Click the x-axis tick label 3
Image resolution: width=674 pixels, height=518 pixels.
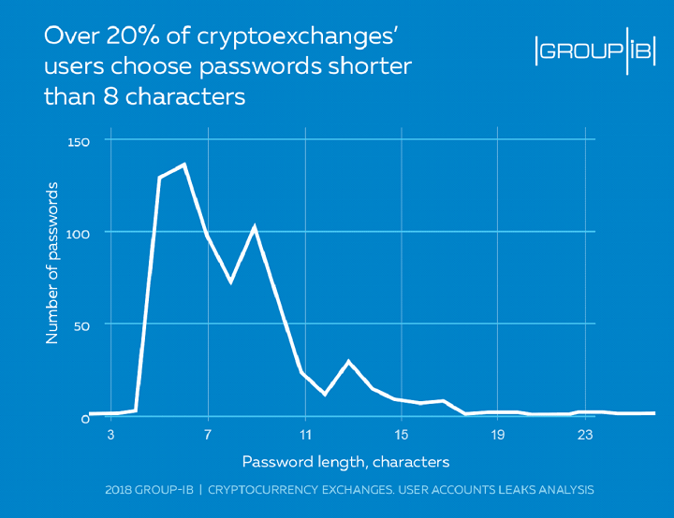click(111, 435)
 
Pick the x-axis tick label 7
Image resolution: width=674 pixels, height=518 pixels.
click(207, 435)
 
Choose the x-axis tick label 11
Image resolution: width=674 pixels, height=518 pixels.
click(304, 435)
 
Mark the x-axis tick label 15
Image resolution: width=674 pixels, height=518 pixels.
click(401, 435)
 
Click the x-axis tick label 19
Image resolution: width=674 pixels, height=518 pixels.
click(498, 435)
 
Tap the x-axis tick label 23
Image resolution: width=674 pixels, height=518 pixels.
click(585, 435)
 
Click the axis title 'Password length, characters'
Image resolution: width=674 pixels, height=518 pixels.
click(345, 462)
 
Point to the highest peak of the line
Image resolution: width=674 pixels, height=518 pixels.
click(184, 165)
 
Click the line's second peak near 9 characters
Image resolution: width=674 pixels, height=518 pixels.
click(254, 226)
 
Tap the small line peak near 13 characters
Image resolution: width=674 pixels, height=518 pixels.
click(349, 361)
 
